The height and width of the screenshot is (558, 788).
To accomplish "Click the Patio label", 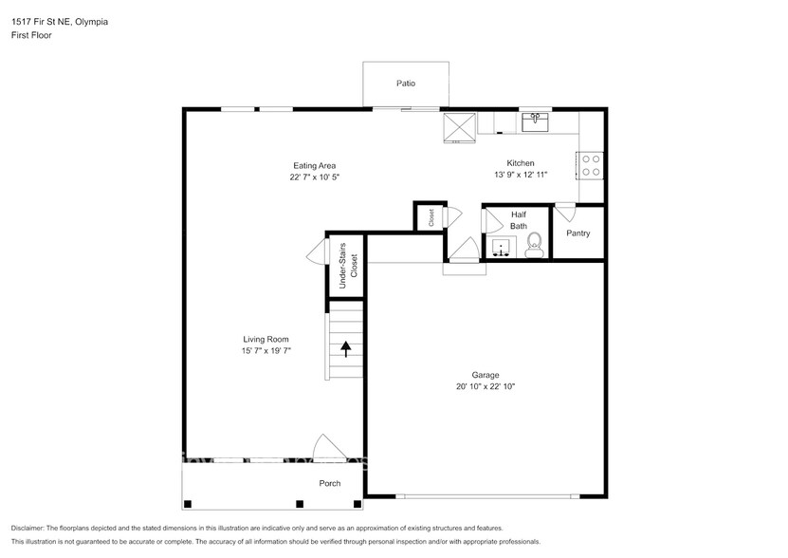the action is (x=406, y=84).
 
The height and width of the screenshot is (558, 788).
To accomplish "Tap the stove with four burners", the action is (x=590, y=165).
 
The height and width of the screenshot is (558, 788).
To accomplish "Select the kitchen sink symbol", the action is (x=535, y=121).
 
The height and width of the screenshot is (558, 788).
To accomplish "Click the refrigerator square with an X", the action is (x=459, y=128).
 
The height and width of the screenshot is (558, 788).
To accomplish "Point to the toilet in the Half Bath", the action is (x=533, y=245).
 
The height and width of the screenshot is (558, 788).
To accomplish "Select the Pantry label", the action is (x=577, y=233).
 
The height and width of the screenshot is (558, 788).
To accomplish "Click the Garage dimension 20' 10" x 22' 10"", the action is (x=486, y=386).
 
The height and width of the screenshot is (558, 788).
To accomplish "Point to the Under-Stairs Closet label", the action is (x=348, y=266).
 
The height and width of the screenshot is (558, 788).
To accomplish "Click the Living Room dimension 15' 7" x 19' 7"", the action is (x=266, y=351).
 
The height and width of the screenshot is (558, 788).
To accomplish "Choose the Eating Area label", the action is (x=315, y=165).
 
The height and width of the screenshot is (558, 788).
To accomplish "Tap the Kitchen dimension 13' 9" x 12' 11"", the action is (x=521, y=175).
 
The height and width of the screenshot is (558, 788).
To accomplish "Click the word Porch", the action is (x=330, y=484).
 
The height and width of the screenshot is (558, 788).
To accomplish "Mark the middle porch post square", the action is (x=300, y=504).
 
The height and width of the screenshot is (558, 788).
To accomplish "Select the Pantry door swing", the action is (x=565, y=213).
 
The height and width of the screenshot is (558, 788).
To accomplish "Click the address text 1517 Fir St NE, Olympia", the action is (x=60, y=22).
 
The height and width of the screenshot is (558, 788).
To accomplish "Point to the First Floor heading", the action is (x=31, y=35).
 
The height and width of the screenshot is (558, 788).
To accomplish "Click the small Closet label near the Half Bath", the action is (x=431, y=217).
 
